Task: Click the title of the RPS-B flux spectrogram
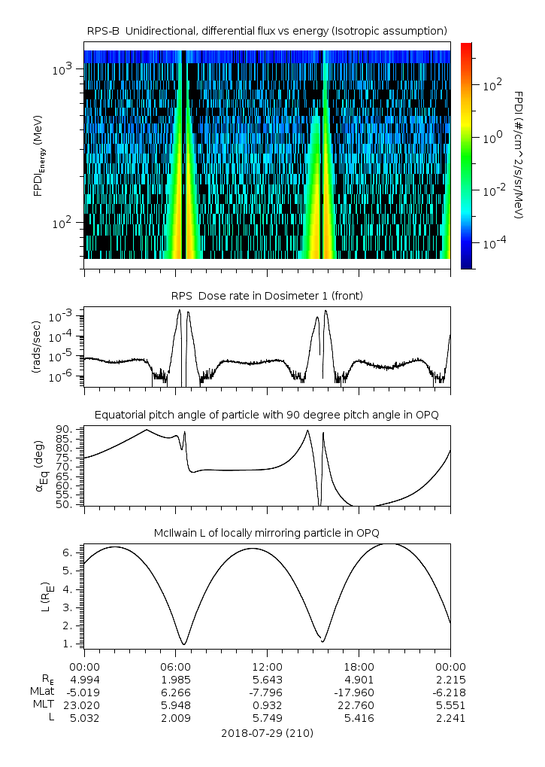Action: pyautogui.click(x=267, y=30)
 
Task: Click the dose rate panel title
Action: pyautogui.click(x=267, y=296)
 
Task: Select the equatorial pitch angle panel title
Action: pyautogui.click(x=267, y=415)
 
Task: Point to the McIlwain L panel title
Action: pyautogui.click(x=267, y=533)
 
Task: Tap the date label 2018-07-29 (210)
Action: pyautogui.click(x=267, y=732)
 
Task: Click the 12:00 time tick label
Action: pyautogui.click(x=267, y=667)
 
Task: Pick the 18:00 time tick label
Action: pyautogui.click(x=359, y=667)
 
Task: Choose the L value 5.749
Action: pyautogui.click(x=267, y=718)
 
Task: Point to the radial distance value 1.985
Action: pyautogui.click(x=175, y=680)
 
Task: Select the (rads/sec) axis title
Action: pyautogui.click(x=38, y=347)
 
